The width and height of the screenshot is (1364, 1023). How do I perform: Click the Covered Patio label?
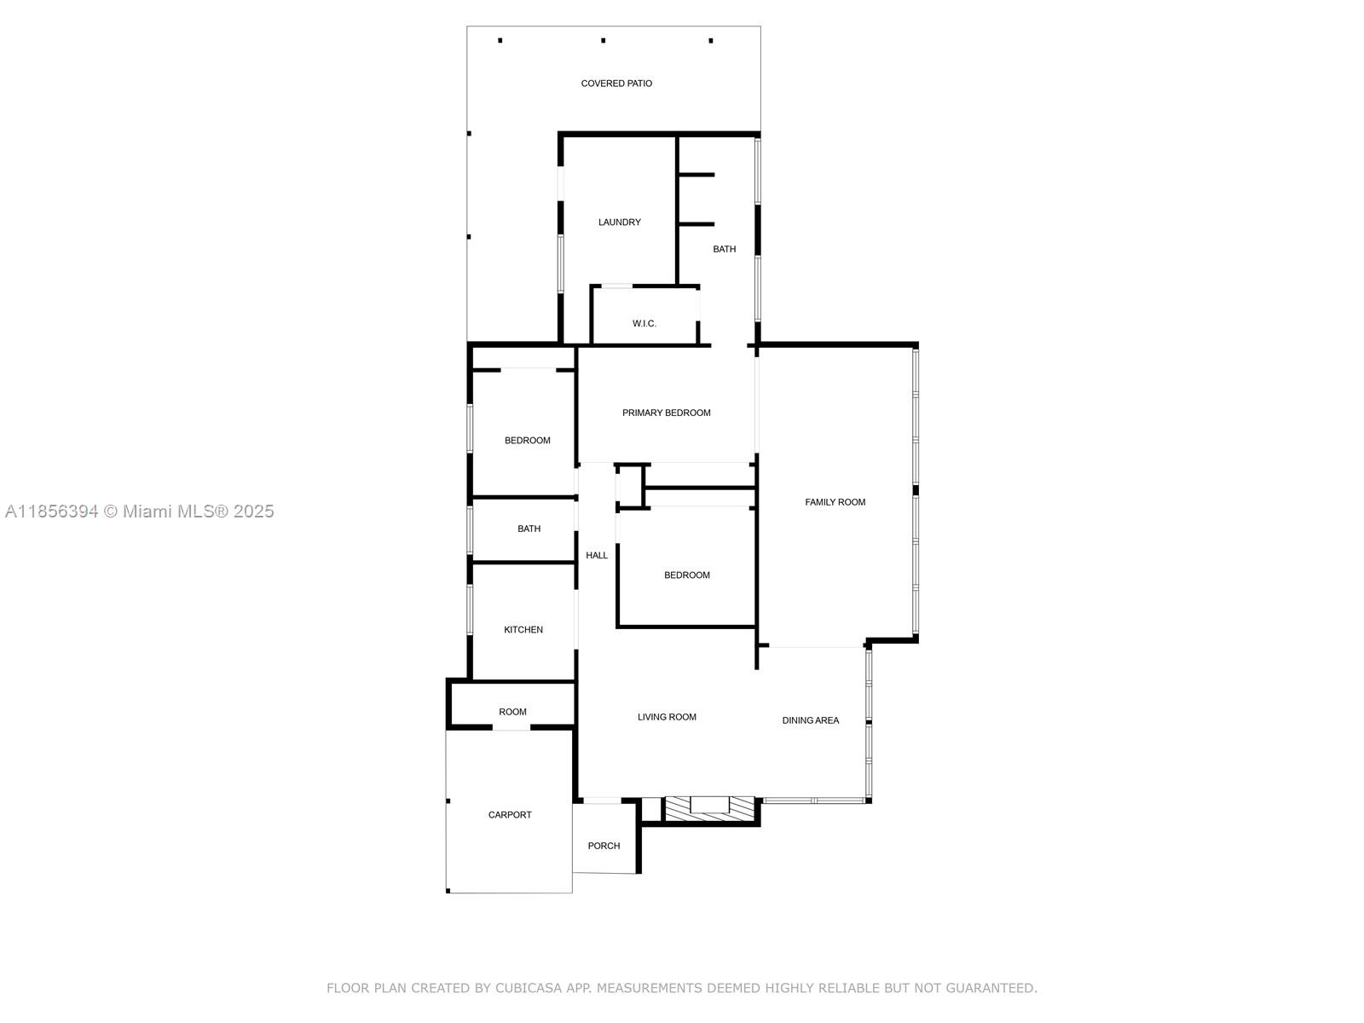tap(616, 84)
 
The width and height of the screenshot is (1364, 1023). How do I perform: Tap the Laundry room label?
tap(620, 223)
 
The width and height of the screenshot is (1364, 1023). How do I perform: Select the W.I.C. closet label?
tap(644, 324)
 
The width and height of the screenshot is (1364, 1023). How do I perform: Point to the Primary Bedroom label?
tap(666, 413)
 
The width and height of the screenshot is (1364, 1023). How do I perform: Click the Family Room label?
tap(835, 502)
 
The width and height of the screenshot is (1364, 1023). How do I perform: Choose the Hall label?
tap(597, 556)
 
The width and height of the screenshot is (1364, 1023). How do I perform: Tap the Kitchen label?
tap(523, 630)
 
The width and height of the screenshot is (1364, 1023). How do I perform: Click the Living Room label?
tap(667, 718)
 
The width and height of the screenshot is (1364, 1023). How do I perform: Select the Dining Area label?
tap(810, 720)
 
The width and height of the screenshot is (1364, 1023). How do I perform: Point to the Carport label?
tap(510, 815)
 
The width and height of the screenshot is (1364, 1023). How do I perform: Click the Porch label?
tap(604, 847)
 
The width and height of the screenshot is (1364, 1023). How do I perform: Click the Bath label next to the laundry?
tap(724, 250)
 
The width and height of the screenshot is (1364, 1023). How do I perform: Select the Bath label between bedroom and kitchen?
tap(529, 529)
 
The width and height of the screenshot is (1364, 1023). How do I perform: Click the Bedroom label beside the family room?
tap(686, 575)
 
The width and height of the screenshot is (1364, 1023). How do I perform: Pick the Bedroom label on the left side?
tap(527, 441)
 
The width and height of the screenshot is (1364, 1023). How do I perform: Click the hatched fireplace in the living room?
tap(709, 809)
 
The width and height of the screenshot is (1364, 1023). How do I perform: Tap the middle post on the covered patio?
tap(603, 40)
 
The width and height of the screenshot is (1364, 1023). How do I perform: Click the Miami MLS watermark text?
tap(140, 511)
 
